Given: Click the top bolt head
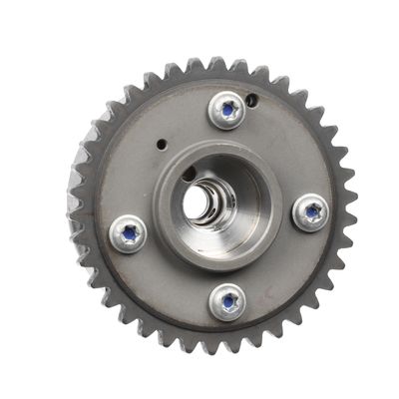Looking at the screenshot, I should point(228,109).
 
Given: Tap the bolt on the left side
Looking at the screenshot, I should point(128,233).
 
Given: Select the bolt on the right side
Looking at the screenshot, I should point(312,211).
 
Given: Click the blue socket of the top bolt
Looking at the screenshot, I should point(228,109).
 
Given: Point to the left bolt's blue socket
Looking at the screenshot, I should point(128,233).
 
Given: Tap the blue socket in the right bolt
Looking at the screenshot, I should point(312,211).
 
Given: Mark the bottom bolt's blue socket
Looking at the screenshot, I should point(229,299).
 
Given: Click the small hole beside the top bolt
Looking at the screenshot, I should point(252,99).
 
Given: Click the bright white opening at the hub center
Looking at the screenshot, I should point(196,202).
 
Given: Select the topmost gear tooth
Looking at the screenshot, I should point(217,63).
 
